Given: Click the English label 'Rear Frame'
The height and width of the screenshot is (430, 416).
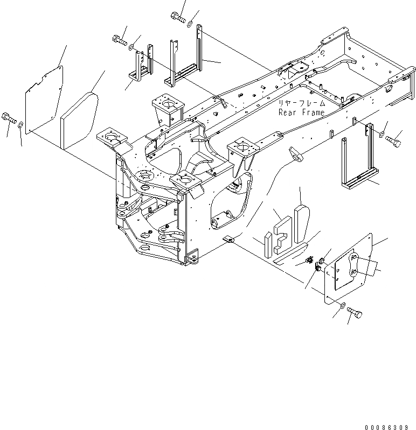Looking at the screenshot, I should pyautogui.click(x=301, y=112).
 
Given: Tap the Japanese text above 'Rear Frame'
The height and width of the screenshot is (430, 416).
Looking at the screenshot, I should pyautogui.click(x=301, y=103).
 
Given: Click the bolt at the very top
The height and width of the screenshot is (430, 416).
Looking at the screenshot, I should pyautogui.click(x=178, y=18).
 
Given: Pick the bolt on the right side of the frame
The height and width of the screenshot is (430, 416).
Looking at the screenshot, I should pyautogui.click(x=394, y=141).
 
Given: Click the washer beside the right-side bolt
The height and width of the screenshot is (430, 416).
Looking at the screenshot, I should pyautogui.click(x=382, y=134).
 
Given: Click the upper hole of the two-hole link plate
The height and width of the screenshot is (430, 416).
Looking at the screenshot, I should pyautogui.click(x=355, y=259).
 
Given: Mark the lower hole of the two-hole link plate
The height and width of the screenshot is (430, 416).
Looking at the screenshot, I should pyautogui.click(x=354, y=272).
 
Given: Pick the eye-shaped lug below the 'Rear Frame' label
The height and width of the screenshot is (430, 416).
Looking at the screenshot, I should pyautogui.click(x=296, y=154).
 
